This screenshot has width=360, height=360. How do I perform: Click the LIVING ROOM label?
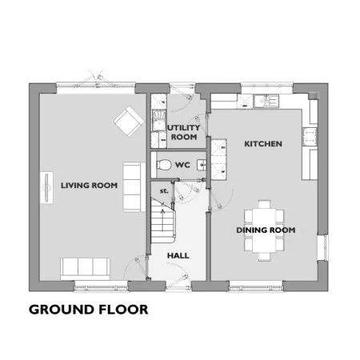[89, 186]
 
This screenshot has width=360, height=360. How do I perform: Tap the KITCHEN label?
[263, 144]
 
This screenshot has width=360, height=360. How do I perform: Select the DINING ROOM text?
[266, 230]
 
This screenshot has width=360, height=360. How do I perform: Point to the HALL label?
[178, 256]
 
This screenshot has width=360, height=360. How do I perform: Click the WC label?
[182, 165]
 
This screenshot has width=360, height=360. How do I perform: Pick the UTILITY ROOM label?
[184, 132]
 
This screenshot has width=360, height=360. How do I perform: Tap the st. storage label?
[164, 191]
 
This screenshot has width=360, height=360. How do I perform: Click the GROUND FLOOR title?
[88, 310]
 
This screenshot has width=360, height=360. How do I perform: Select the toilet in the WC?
[163, 165]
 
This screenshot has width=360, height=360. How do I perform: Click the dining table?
[264, 230]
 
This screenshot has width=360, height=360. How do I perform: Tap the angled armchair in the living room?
[128, 122]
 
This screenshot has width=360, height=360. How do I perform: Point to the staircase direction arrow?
[162, 221]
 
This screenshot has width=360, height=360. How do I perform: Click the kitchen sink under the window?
[266, 101]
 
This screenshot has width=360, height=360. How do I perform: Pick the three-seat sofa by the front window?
[85, 269]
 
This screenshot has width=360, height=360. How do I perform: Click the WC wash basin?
[202, 165]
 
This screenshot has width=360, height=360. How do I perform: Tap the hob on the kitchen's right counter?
[310, 137]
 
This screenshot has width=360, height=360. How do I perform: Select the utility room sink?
[158, 120]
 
